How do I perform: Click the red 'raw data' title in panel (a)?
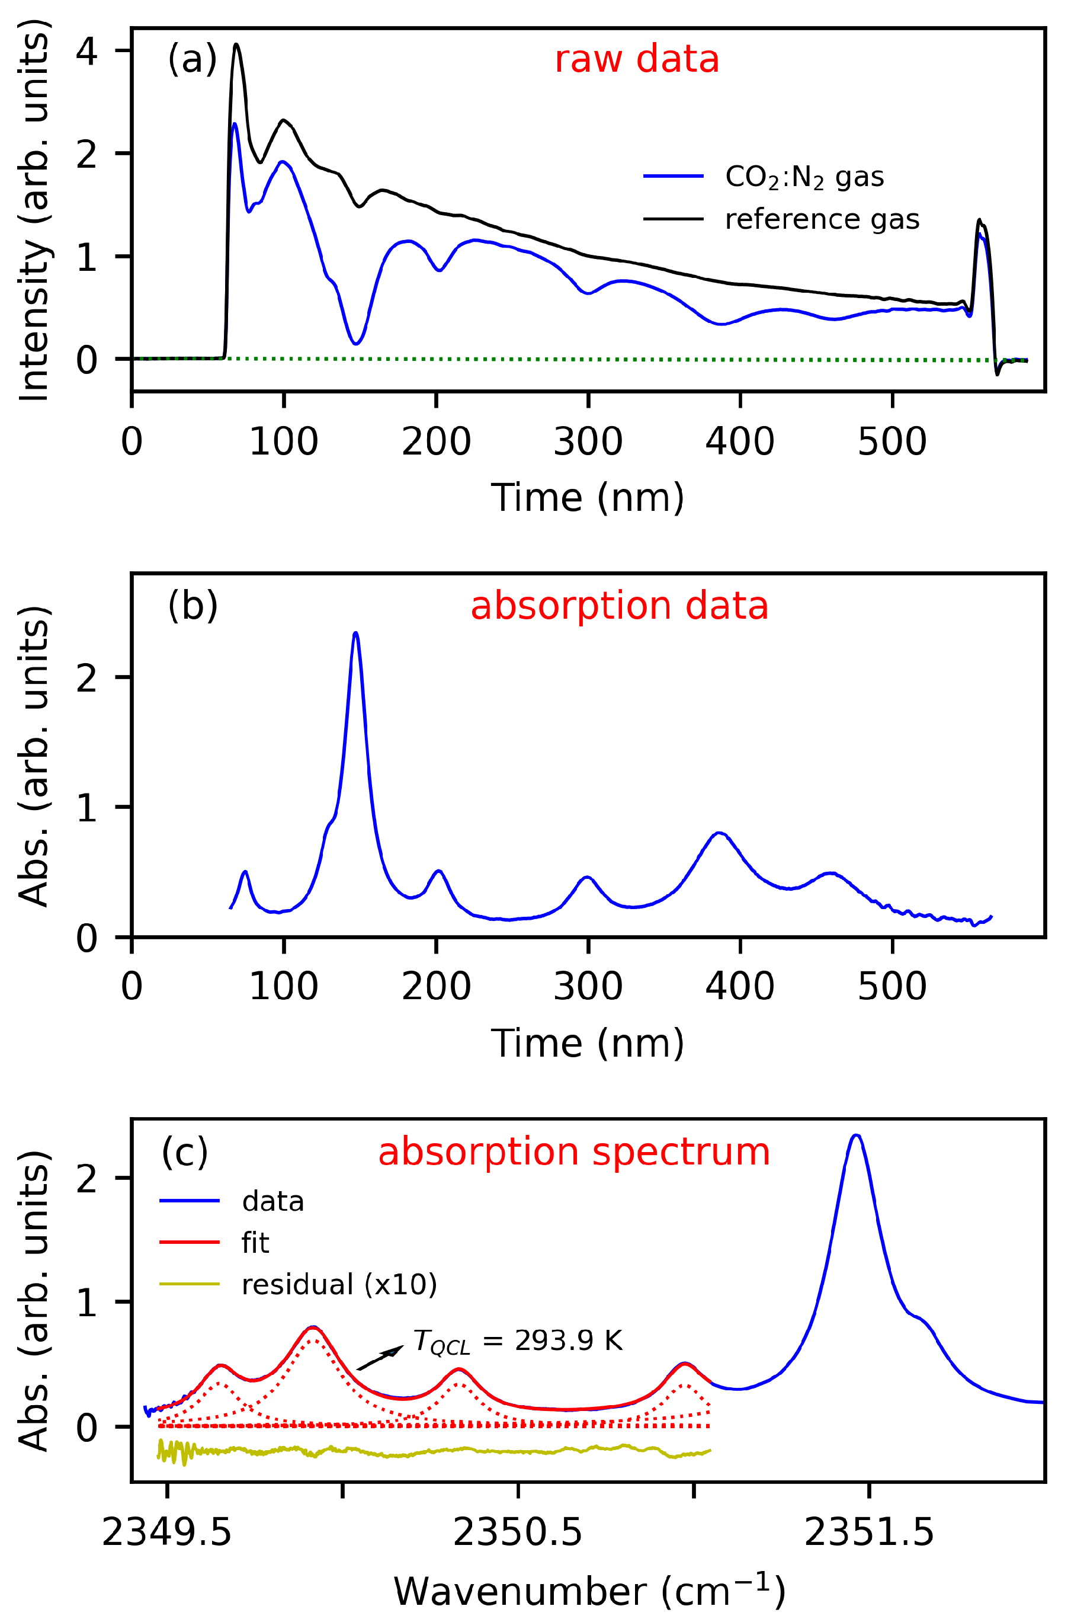[x=636, y=59]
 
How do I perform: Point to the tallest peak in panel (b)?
[x=355, y=634]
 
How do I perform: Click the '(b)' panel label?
[x=193, y=605]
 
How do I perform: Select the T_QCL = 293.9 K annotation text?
[x=518, y=1341]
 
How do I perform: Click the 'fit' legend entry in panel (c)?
[x=255, y=1243]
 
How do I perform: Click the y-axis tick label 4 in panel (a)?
[x=86, y=51]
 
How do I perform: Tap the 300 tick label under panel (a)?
[x=588, y=442]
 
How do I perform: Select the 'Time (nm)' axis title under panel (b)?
[x=588, y=1043]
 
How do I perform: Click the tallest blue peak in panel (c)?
[x=857, y=1136]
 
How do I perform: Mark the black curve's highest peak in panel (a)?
[x=236, y=45]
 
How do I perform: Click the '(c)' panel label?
[x=184, y=1152]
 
